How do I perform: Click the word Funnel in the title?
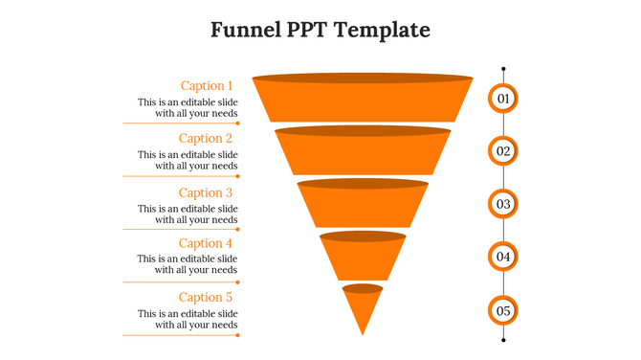coord(245,30)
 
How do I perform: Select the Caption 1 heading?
coord(207,85)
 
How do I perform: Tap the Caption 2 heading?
coord(207,139)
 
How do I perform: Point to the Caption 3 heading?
coord(207,192)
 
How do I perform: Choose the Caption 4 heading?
coord(207,243)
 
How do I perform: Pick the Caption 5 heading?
coord(207,297)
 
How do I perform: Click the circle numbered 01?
coord(503,99)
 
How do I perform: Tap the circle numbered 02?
coord(503,151)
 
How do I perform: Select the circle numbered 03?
coord(503,204)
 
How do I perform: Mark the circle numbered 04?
coord(503,257)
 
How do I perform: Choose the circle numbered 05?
coord(503,310)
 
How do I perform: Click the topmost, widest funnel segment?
coord(363,100)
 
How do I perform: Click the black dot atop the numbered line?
coord(503,69)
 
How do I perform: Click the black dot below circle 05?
coord(503,338)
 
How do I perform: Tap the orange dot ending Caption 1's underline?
coord(238,124)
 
